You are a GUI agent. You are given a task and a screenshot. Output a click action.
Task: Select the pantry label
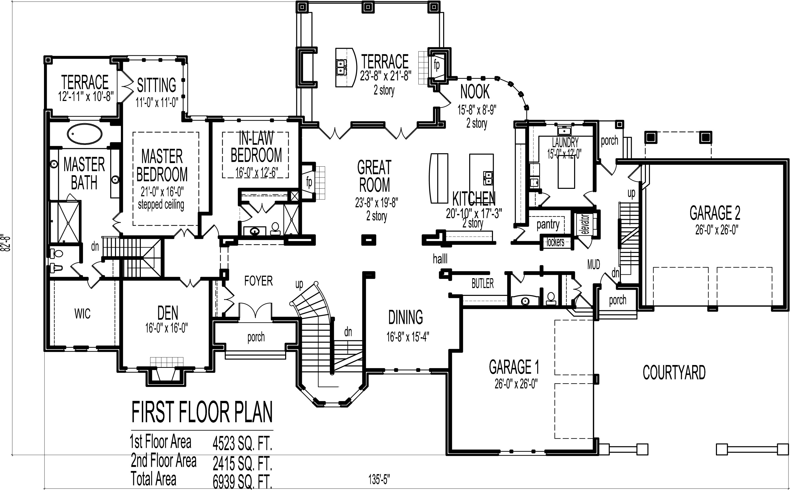(548, 224)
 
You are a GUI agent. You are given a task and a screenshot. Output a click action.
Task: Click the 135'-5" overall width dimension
(379, 479)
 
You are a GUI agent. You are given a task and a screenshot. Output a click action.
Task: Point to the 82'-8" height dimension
(6, 242)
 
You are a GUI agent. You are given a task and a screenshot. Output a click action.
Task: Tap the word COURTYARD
(674, 373)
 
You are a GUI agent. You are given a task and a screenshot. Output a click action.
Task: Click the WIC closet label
(82, 314)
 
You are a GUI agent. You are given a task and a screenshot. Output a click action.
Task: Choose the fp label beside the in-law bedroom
(309, 182)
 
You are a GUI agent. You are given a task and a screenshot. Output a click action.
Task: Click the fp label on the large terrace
(437, 65)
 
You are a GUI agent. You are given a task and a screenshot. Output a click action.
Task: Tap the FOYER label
(258, 281)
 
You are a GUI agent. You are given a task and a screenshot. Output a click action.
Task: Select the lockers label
(555, 242)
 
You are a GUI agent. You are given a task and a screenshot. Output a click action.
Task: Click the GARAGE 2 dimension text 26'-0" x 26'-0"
(716, 230)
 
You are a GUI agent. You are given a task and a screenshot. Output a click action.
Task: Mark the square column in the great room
(369, 240)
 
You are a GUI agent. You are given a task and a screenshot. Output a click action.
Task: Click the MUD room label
(593, 265)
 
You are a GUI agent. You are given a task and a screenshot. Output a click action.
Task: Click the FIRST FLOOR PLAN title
(202, 412)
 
